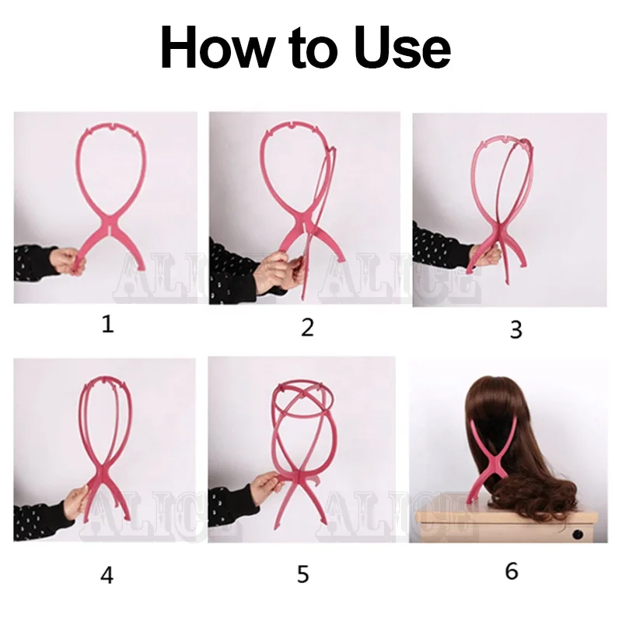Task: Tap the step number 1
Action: point(107,323)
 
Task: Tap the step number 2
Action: point(307,327)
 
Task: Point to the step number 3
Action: point(515,330)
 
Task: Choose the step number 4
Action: point(107,575)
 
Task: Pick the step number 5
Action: point(303,575)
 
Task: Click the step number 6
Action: point(511,571)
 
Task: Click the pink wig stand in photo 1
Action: point(111,179)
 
